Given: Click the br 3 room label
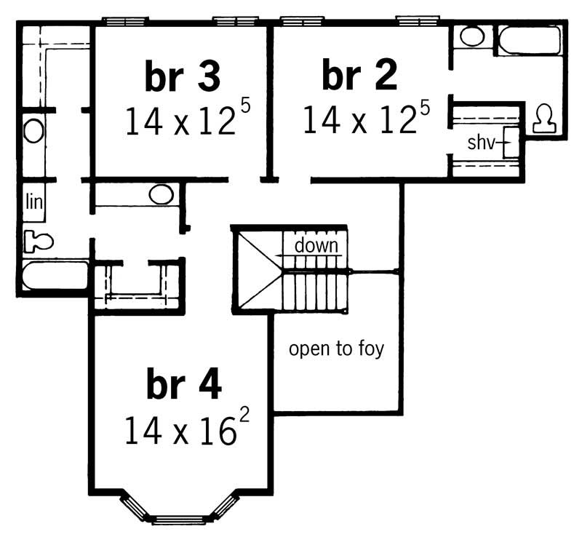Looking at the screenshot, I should pos(183,76).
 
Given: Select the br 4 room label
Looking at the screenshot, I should pos(183,386).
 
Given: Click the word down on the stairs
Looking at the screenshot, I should pos(316,245).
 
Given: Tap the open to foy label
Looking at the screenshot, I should pos(336,349).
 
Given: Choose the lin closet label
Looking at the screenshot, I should pos(33,202).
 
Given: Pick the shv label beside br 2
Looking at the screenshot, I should pos(481,143).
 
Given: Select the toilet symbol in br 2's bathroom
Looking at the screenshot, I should pos(543,119).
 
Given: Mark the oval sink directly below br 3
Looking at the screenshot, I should pos(161,194).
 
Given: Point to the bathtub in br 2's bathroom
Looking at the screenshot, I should pos(529,39).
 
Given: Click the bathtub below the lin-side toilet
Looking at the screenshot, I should pos(54,276).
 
